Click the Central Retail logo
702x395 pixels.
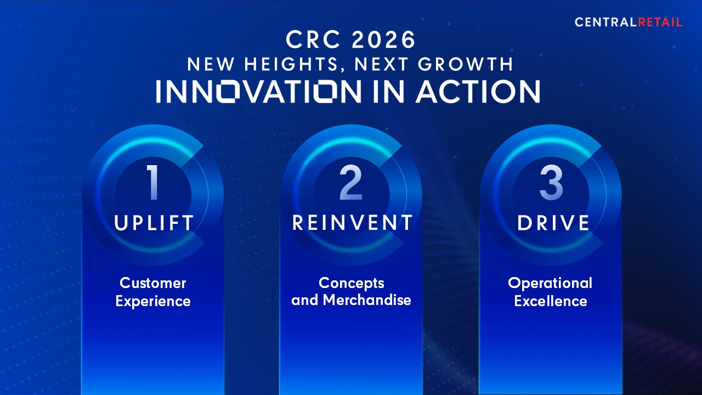pos(629,22)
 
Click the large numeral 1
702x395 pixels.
pos(153,183)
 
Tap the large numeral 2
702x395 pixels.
pos(351,183)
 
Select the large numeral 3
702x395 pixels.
pos(551,183)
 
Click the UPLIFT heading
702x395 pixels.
pos(154,223)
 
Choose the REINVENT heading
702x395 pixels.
pos(352,223)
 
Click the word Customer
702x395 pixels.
pos(153,283)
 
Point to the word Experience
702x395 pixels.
pos(153,301)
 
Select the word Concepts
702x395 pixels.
pos(352,283)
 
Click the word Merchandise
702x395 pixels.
pos(367,300)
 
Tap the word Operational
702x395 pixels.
pos(550,283)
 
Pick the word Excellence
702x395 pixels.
pos(551,301)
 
